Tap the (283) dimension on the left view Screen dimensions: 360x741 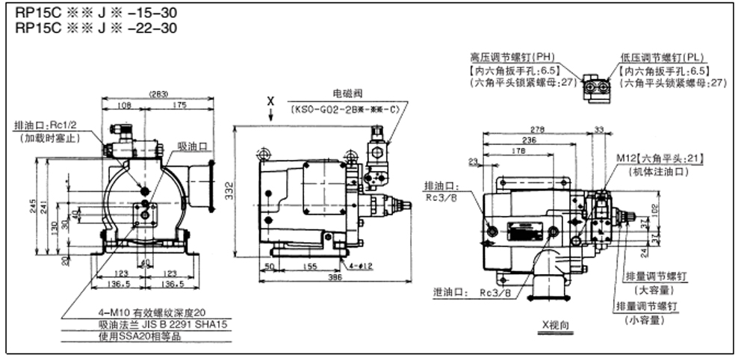[x=158, y=94]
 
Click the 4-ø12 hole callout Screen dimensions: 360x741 [x=363, y=265]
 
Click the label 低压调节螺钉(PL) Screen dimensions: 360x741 [x=660, y=58]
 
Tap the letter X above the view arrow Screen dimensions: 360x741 [x=271, y=99]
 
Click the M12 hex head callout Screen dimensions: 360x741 [x=660, y=159]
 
